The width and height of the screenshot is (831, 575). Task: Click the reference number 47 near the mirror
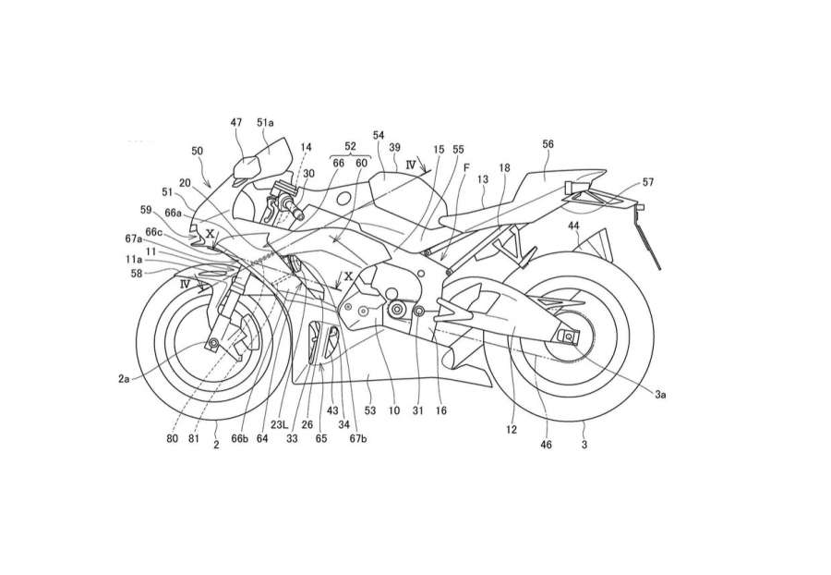pos(236,123)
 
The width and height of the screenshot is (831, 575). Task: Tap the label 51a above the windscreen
pos(266,123)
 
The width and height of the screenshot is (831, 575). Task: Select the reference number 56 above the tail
pos(548,144)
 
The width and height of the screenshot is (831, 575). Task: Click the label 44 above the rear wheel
pos(573,225)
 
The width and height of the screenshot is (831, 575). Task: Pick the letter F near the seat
pos(466,168)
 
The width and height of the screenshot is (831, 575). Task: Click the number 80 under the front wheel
pos(172,438)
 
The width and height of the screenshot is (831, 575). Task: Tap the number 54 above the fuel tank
pos(379,135)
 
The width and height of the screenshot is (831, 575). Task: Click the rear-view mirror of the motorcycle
pos(248,167)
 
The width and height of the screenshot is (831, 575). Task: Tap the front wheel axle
pos(214,345)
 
